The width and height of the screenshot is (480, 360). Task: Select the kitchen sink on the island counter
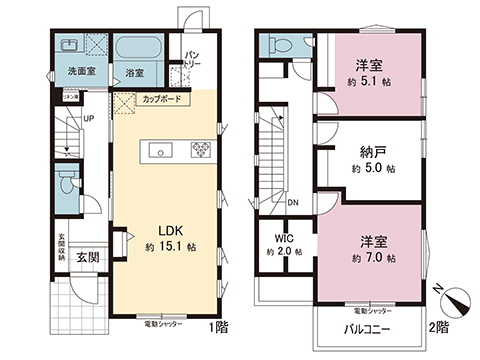pyautogui.click(x=161, y=150)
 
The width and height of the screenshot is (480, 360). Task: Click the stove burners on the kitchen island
pyautogui.click(x=200, y=150)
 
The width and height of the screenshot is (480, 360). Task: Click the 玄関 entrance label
pyautogui.click(x=88, y=257)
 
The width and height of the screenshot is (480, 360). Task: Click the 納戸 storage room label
pyautogui.click(x=373, y=153)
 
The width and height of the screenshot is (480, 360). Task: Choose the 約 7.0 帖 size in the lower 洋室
pyautogui.click(x=373, y=259)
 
